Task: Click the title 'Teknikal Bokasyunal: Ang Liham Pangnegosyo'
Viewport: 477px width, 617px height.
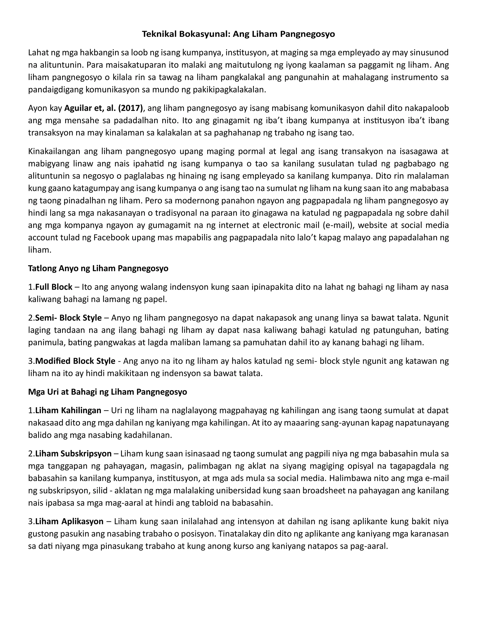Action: pyautogui.click(x=238, y=34)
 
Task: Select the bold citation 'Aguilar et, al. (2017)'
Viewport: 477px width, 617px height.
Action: pyautogui.click(x=103, y=108)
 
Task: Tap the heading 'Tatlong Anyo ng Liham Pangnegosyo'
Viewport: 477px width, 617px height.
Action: pyautogui.click(x=98, y=268)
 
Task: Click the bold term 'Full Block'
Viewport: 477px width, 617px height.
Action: pyautogui.click(x=54, y=287)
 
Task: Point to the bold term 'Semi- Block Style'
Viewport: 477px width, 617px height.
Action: pyautogui.click(x=68, y=318)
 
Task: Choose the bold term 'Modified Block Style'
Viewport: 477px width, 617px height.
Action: pyautogui.click(x=75, y=361)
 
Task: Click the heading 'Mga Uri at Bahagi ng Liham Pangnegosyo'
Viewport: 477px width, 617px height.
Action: pyautogui.click(x=107, y=392)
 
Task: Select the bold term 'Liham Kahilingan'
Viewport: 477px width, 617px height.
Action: pyautogui.click(x=68, y=410)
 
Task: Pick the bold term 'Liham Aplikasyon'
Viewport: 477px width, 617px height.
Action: pyautogui.click(x=69, y=521)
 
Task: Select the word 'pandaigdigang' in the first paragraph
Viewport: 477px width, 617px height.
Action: pyautogui.click(x=56, y=90)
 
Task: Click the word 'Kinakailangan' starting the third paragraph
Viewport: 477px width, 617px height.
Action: pyautogui.click(x=54, y=151)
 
